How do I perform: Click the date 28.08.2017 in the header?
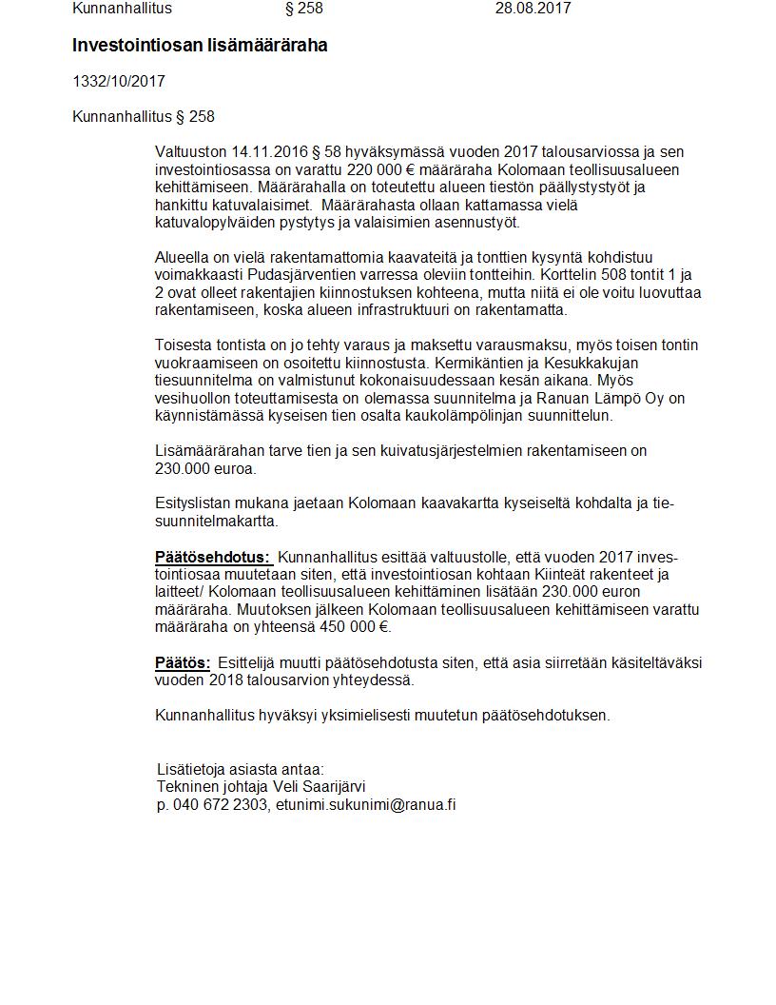(533, 9)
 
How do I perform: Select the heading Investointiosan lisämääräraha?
(200, 46)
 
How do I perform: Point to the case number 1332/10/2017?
(119, 82)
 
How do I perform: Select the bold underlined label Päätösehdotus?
(212, 557)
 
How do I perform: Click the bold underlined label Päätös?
(183, 662)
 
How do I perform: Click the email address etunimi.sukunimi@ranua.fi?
(365, 804)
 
